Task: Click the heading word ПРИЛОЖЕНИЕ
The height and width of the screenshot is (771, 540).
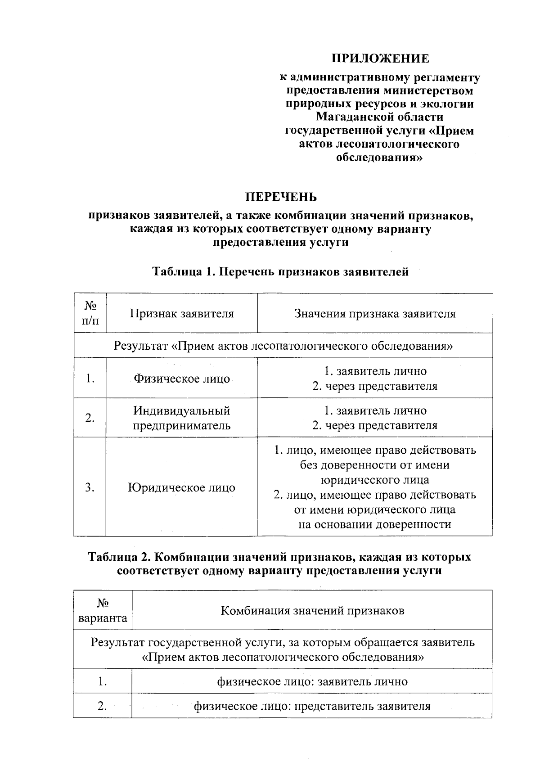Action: click(x=380, y=59)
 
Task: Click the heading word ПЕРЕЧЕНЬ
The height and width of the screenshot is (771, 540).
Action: click(x=280, y=197)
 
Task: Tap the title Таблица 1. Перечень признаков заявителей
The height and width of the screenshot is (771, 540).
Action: click(x=280, y=272)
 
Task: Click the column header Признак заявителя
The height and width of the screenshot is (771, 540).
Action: click(x=182, y=314)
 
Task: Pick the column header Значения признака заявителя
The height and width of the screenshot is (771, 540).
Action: click(x=375, y=314)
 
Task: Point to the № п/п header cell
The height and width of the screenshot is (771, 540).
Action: click(x=90, y=314)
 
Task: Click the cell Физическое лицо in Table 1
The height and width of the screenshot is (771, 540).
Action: click(x=182, y=379)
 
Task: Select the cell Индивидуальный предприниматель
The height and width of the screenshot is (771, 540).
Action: click(x=182, y=418)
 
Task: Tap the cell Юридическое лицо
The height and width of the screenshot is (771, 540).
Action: click(x=182, y=487)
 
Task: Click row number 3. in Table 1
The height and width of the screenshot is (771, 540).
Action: click(x=90, y=487)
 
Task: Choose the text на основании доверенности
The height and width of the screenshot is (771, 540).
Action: click(x=375, y=524)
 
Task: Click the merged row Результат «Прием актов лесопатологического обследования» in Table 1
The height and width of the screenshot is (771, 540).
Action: click(x=283, y=346)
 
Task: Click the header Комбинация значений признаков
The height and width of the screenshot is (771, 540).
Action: click(x=312, y=611)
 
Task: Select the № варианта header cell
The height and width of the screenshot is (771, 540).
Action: click(x=103, y=611)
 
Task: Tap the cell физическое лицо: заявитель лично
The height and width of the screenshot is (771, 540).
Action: click(x=312, y=681)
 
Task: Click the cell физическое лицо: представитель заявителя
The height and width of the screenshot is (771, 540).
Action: click(x=312, y=706)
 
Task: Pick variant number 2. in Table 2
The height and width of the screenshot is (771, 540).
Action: click(x=103, y=706)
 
